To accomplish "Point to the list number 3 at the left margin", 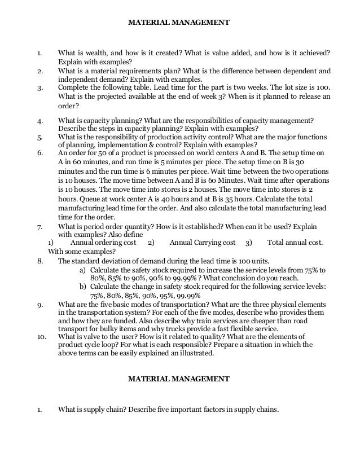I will point(39,88).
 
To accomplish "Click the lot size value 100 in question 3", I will point(322,88).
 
